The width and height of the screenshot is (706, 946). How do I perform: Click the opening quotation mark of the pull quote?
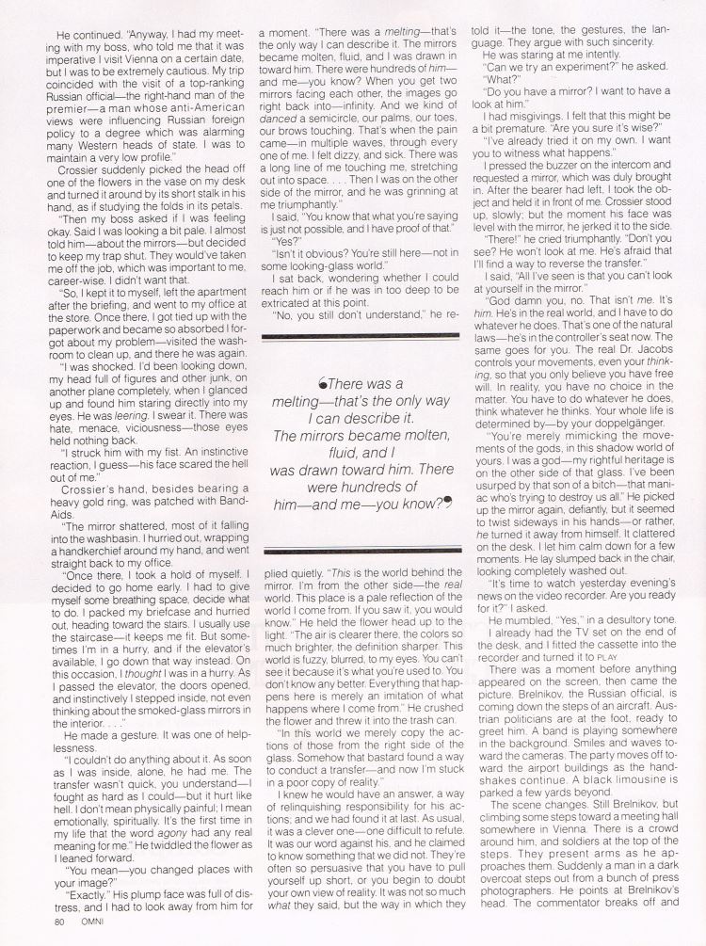(x=323, y=385)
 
